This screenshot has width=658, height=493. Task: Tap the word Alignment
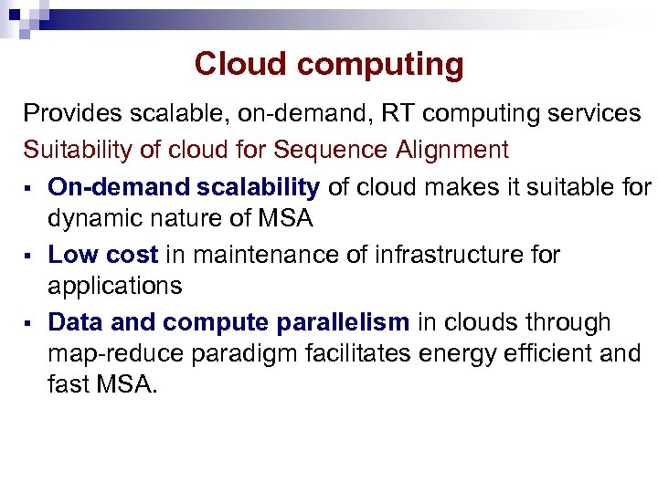click(452, 149)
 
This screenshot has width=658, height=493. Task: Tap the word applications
click(115, 286)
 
